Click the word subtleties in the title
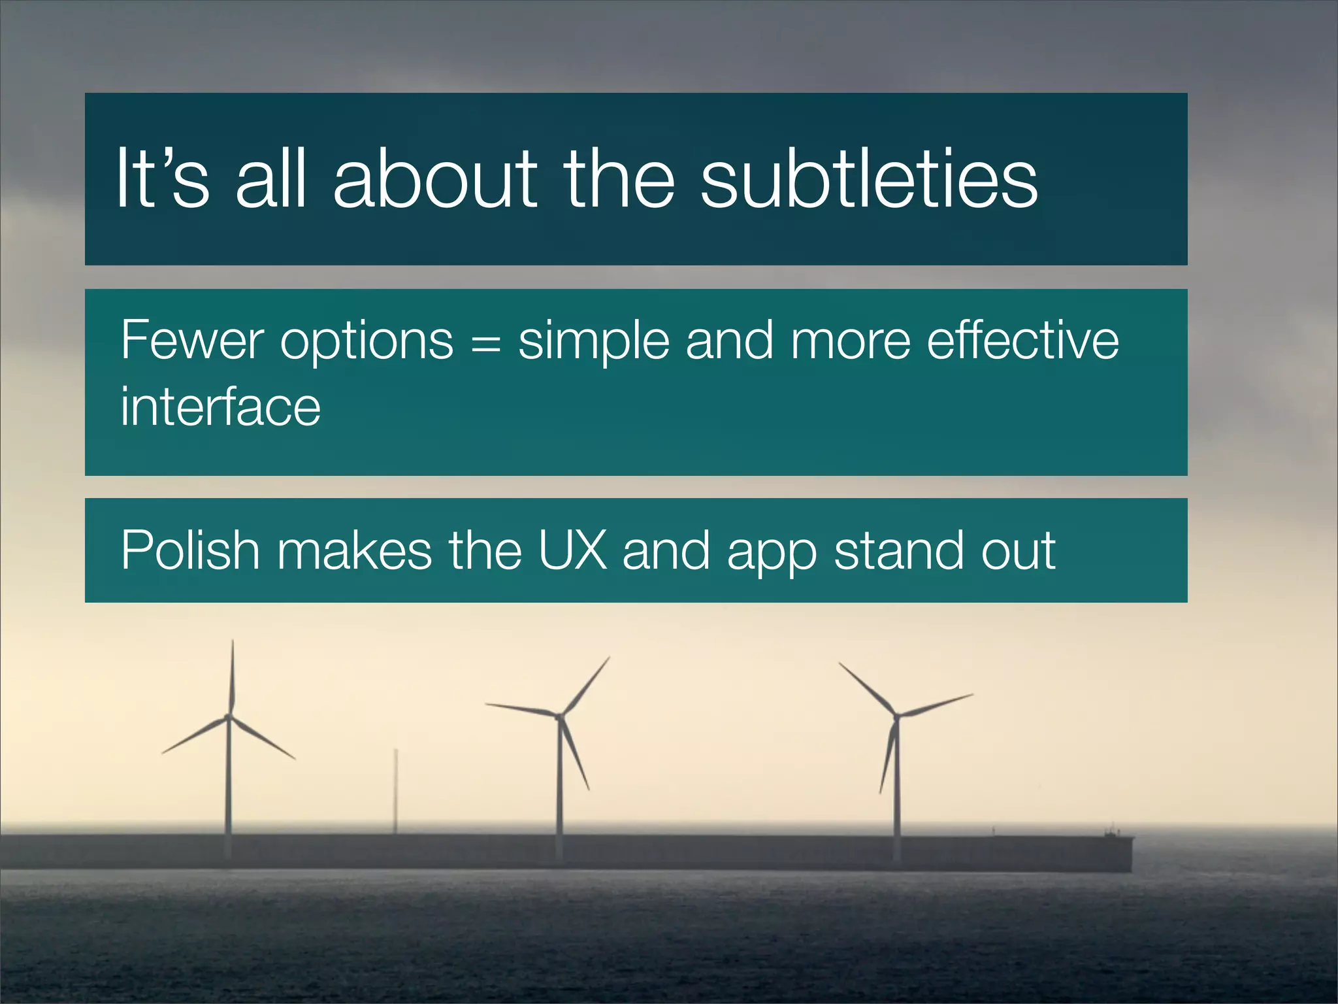point(869,178)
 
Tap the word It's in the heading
point(163,178)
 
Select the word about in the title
point(435,178)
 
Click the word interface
point(220,407)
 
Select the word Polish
point(190,550)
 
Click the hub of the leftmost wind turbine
point(229,717)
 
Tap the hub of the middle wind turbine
point(559,716)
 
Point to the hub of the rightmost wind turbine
point(896,716)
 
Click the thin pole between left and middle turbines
point(395,791)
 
